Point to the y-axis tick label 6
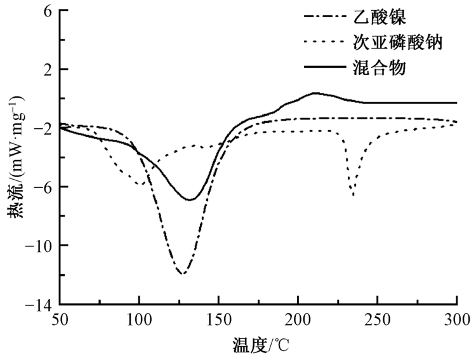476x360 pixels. (x=47, y=11)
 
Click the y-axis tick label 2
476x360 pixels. (x=47, y=69)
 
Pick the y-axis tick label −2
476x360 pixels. (x=43, y=129)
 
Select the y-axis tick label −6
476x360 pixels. (x=43, y=187)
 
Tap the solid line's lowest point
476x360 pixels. (x=190, y=200)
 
